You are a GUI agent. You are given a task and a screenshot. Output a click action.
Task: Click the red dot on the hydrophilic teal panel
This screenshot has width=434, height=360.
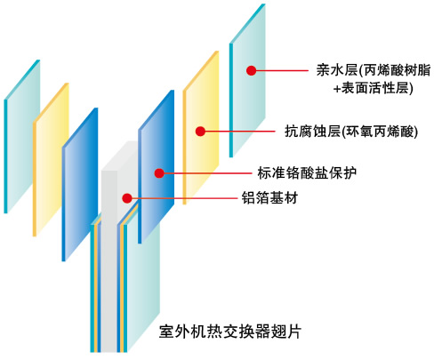251,70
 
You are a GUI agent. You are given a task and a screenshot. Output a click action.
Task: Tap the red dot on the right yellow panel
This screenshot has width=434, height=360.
200,132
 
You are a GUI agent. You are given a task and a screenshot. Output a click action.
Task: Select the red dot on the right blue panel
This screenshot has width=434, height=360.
159,173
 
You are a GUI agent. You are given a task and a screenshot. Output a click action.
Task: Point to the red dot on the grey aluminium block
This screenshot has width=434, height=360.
127,198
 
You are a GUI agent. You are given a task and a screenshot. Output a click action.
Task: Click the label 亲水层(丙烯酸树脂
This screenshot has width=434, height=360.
373,70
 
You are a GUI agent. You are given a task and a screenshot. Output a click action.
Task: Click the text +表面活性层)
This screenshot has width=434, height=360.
373,88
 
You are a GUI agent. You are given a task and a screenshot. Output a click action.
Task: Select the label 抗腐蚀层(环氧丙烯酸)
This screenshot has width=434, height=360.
351,132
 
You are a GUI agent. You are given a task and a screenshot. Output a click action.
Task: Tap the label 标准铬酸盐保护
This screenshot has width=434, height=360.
307,173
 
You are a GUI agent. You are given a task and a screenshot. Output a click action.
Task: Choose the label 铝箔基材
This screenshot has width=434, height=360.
269,198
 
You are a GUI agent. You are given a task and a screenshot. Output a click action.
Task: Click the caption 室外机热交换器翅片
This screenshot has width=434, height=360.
230,332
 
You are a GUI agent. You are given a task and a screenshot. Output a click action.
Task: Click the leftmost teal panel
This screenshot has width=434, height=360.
21,136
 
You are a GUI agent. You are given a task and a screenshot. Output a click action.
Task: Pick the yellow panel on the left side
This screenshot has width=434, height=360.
51,159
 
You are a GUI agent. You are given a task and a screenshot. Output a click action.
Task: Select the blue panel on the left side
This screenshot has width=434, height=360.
80,184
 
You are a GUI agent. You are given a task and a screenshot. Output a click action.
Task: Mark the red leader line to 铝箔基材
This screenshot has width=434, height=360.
184,198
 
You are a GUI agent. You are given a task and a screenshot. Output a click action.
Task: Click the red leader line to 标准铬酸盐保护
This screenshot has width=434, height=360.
208,173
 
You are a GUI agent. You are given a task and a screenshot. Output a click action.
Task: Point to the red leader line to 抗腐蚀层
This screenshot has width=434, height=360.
240,132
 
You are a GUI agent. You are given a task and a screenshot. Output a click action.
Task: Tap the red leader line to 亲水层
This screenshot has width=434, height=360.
282,70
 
